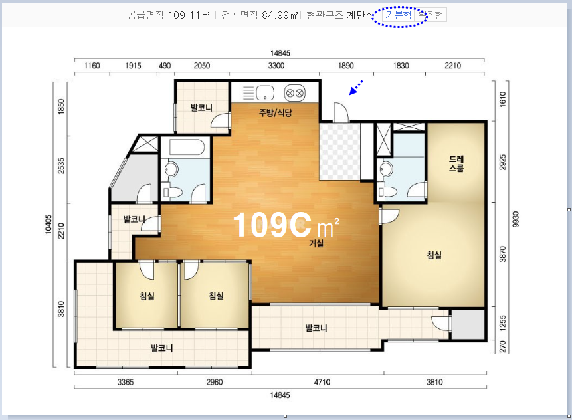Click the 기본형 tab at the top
pyautogui.click(x=399, y=15)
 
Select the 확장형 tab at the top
pyautogui.click(x=430, y=15)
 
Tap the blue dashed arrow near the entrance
pyautogui.click(x=356, y=88)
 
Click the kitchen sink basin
pyautogui.click(x=265, y=92)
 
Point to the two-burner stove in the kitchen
pyautogui.click(x=294, y=92)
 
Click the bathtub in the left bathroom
pyautogui.click(x=187, y=147)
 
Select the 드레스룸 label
pyautogui.click(x=456, y=163)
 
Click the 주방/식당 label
pyautogui.click(x=275, y=112)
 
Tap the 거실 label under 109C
pyautogui.click(x=316, y=243)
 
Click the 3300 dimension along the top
pyautogui.click(x=276, y=66)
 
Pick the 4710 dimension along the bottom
pyautogui.click(x=322, y=382)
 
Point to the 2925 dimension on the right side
pyautogui.click(x=503, y=162)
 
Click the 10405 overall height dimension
pyautogui.click(x=48, y=224)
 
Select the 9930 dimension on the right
pyautogui.click(x=516, y=219)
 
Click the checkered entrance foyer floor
pyautogui.click(x=339, y=152)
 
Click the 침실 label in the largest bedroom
pyautogui.click(x=434, y=255)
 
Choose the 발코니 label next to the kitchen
pyautogui.click(x=201, y=108)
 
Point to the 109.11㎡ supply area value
pyautogui.click(x=189, y=15)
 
